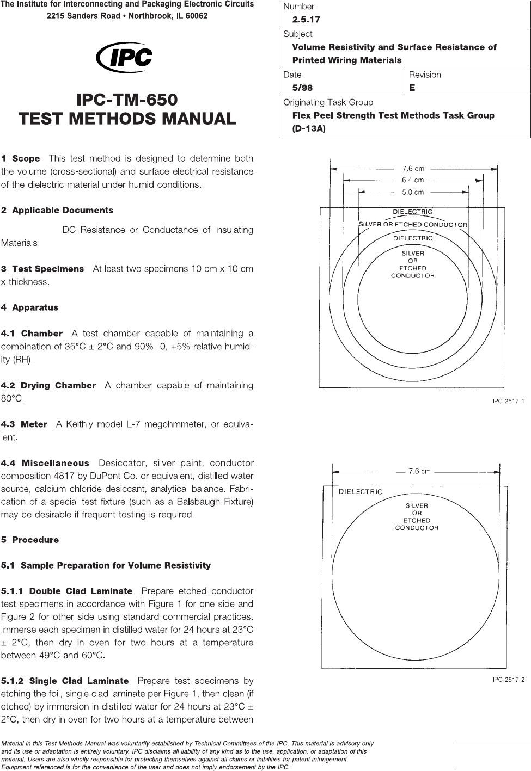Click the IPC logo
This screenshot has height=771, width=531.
[124, 57]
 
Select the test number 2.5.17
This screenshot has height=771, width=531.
[306, 20]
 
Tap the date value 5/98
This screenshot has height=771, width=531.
[302, 88]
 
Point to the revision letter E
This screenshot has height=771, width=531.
[412, 88]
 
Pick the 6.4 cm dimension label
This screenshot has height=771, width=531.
[413, 180]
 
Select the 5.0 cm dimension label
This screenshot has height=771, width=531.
[413, 192]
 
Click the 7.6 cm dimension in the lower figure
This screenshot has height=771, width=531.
[419, 471]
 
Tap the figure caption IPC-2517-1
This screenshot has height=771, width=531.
[508, 402]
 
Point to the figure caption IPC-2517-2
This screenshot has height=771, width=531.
[508, 680]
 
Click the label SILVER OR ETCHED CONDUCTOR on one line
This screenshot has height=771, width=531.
[413, 225]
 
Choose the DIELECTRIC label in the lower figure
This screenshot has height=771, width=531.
[361, 492]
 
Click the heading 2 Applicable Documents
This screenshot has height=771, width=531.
[57, 211]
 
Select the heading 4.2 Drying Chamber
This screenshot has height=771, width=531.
[48, 386]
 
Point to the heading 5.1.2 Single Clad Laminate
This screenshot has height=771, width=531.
[65, 681]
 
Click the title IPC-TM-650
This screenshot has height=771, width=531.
[127, 100]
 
